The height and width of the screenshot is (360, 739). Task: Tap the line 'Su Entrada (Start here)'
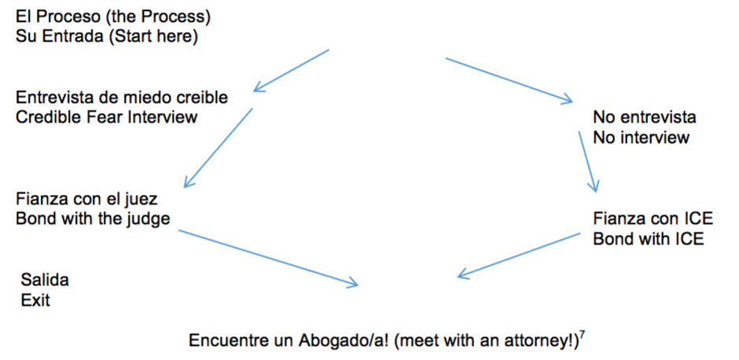[106, 36]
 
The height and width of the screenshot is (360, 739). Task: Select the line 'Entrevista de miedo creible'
[122, 98]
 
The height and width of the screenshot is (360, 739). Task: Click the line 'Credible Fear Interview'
[107, 117]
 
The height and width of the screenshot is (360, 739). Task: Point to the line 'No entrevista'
[645, 119]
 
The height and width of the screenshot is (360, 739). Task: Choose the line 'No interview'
[642, 138]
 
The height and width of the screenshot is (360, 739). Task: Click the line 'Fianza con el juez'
[86, 199]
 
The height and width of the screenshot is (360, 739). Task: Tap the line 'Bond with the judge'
[93, 219]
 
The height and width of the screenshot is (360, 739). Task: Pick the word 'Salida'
[46, 281]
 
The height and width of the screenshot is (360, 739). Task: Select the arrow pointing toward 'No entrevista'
[509, 80]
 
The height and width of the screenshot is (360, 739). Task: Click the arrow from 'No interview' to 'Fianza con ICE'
[587, 162]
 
